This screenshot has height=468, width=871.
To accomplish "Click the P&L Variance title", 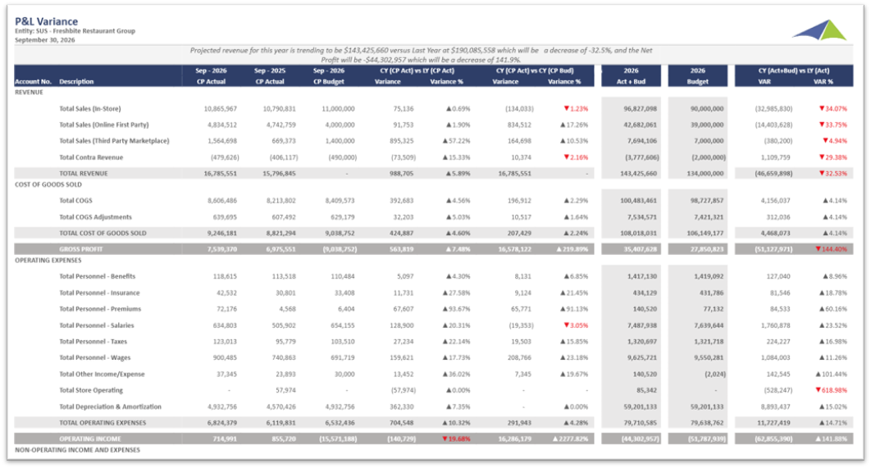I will pos(47,22).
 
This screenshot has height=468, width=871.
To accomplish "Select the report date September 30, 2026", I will pos(44,39).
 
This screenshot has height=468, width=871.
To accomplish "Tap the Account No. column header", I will pos(33,82).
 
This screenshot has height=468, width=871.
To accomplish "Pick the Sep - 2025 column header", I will pos(269,71).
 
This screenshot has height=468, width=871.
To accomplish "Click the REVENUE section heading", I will pos(30,92).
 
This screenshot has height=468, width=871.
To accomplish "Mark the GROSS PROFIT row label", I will pos(80,248).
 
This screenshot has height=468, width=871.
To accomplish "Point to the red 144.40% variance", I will pos(831,248).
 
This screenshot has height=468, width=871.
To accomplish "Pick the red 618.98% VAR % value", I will pos(831,390).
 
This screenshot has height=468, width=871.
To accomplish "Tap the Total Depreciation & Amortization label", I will pos(111,407).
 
